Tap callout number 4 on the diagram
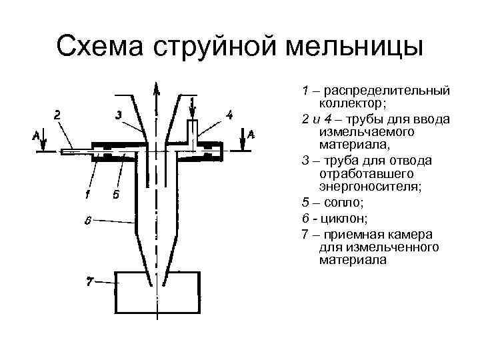click(x=229, y=115)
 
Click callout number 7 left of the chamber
click(x=88, y=280)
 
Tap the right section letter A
click(x=251, y=135)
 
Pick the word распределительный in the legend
click(x=383, y=90)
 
